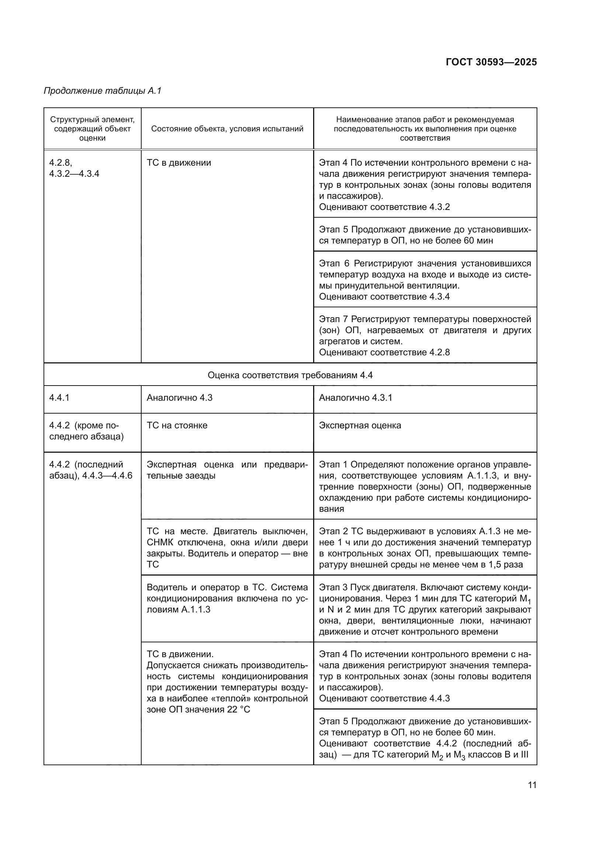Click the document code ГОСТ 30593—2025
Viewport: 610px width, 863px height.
click(491, 62)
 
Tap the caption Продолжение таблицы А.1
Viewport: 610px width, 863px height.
click(103, 91)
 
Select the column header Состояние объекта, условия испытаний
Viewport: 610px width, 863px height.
click(227, 129)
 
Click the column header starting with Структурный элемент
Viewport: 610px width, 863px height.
click(93, 129)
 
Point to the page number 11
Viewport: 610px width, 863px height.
click(532, 785)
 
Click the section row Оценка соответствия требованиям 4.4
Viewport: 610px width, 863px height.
click(290, 375)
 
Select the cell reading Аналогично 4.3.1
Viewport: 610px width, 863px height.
click(355, 398)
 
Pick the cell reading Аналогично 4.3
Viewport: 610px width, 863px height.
click(179, 398)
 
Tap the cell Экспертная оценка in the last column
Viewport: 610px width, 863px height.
click(360, 425)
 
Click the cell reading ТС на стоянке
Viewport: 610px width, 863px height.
click(177, 425)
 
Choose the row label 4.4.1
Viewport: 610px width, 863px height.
click(59, 398)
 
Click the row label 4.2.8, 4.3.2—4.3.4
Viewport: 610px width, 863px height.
click(74, 168)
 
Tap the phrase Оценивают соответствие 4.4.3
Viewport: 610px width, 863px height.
click(384, 698)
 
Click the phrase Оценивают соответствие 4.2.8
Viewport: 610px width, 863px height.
click(384, 353)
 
